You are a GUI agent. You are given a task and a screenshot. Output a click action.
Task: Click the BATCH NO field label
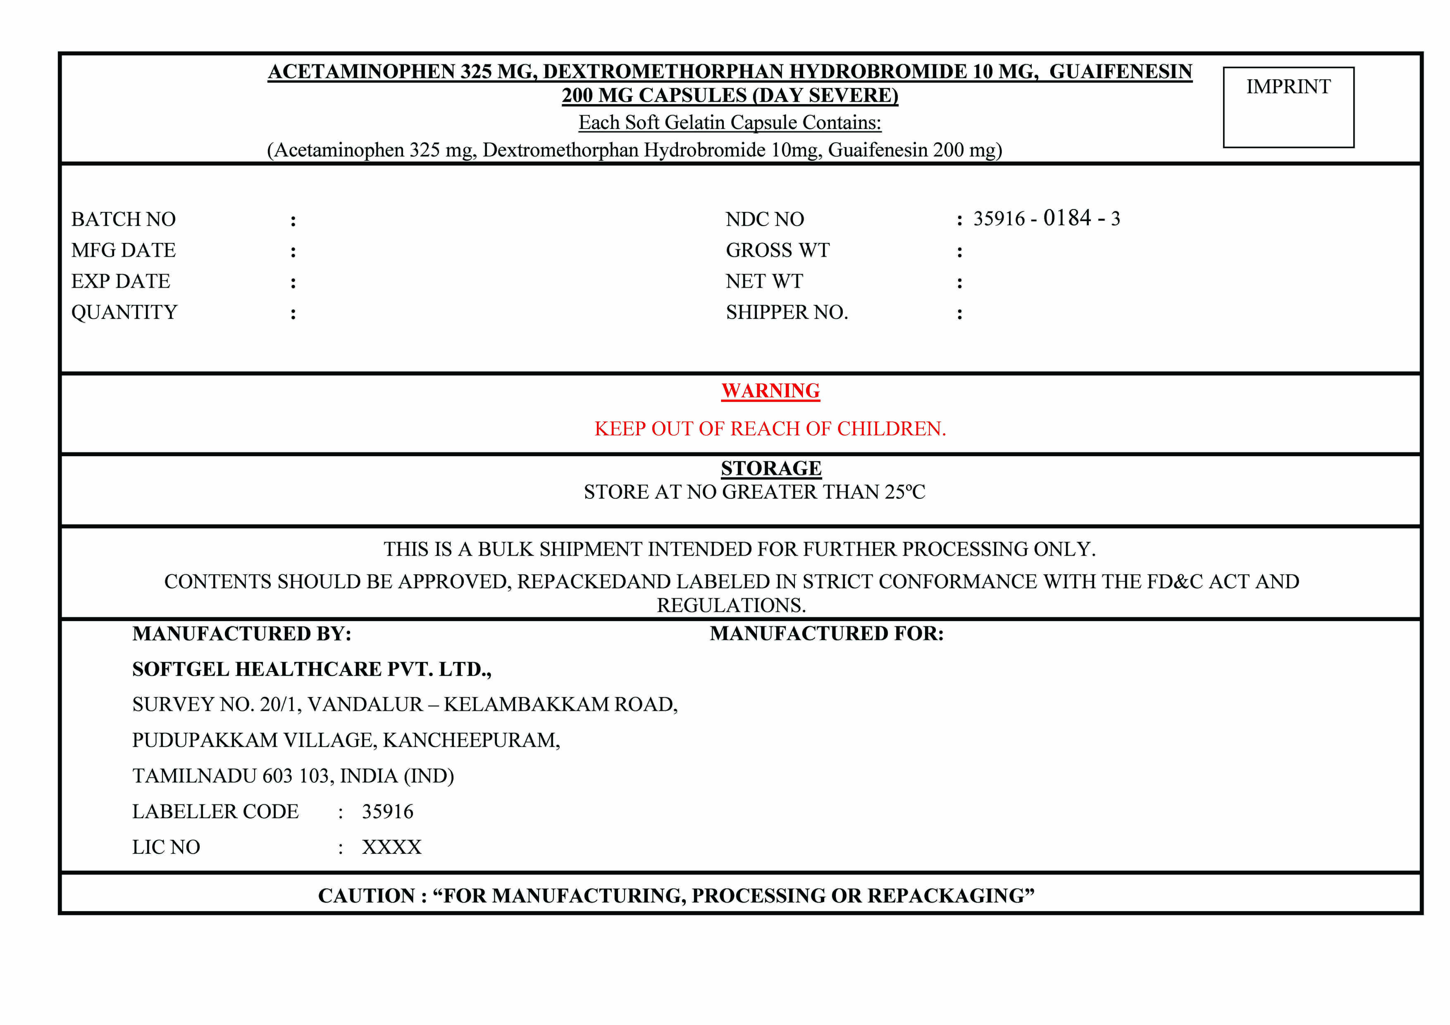click(123, 219)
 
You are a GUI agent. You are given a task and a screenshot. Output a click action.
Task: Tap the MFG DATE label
click(123, 250)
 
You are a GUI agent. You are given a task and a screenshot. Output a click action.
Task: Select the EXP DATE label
click(121, 281)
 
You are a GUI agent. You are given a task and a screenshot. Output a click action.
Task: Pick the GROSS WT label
click(777, 250)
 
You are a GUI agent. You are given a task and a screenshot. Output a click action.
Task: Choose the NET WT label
click(764, 281)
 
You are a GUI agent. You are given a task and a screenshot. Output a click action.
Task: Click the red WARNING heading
click(770, 391)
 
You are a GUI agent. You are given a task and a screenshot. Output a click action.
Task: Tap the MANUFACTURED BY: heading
click(241, 633)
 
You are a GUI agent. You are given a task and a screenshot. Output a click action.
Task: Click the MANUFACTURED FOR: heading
click(826, 633)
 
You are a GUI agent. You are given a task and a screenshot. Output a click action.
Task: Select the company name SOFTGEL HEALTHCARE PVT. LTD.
click(311, 669)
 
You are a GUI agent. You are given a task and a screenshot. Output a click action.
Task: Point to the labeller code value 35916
click(387, 812)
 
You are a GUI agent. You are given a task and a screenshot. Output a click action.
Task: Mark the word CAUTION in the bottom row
click(366, 895)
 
